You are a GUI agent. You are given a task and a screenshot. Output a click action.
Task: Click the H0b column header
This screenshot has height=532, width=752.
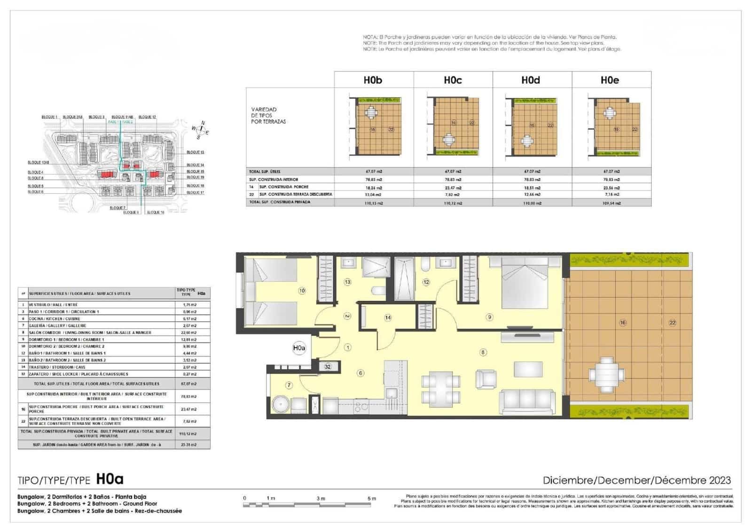coord(373,80)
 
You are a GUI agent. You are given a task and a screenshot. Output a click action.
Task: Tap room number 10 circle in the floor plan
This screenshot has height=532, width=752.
coord(302,291)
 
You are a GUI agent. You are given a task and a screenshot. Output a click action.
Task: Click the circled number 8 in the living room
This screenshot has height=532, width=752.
coord(483,352)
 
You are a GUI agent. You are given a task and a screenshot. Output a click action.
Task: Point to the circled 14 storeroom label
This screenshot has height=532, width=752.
coord(388,318)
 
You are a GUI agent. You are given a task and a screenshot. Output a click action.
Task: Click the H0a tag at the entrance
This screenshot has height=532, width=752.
coord(299,348)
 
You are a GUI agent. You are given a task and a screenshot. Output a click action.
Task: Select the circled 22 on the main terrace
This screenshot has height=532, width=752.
coord(672,323)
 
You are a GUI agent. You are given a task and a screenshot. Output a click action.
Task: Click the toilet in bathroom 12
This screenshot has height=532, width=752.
coord(425,266)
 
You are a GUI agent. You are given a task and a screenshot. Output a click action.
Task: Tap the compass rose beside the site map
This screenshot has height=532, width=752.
coord(201,130)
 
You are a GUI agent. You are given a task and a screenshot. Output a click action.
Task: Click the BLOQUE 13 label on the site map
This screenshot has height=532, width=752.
coord(195,152)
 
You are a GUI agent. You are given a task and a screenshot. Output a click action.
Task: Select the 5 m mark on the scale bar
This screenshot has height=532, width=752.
coord(371,499)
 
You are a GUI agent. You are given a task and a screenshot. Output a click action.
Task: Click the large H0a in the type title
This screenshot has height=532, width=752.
coord(110,479)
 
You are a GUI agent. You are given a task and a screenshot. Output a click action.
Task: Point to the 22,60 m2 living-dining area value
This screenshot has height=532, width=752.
coord(189,333)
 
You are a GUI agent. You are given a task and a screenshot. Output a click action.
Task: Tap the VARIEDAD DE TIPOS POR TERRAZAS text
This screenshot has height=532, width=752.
coord(268,115)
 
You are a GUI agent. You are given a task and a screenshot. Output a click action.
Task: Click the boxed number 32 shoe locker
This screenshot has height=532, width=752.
coord(328,366)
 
